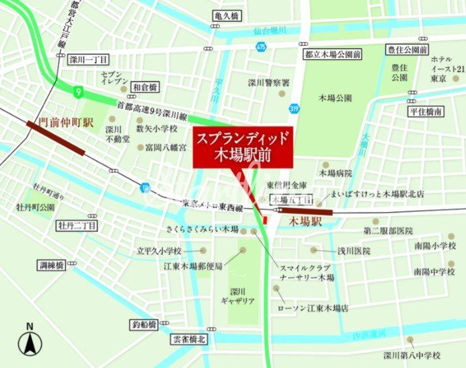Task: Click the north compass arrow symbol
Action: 30,342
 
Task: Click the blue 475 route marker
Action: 260,46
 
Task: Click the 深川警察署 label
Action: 268,83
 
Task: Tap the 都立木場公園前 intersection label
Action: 323,54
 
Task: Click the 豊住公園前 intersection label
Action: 406,50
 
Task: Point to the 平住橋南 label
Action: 424,112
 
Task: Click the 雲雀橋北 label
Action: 189,340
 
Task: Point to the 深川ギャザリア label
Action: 238,296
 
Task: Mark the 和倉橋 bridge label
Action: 145,87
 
